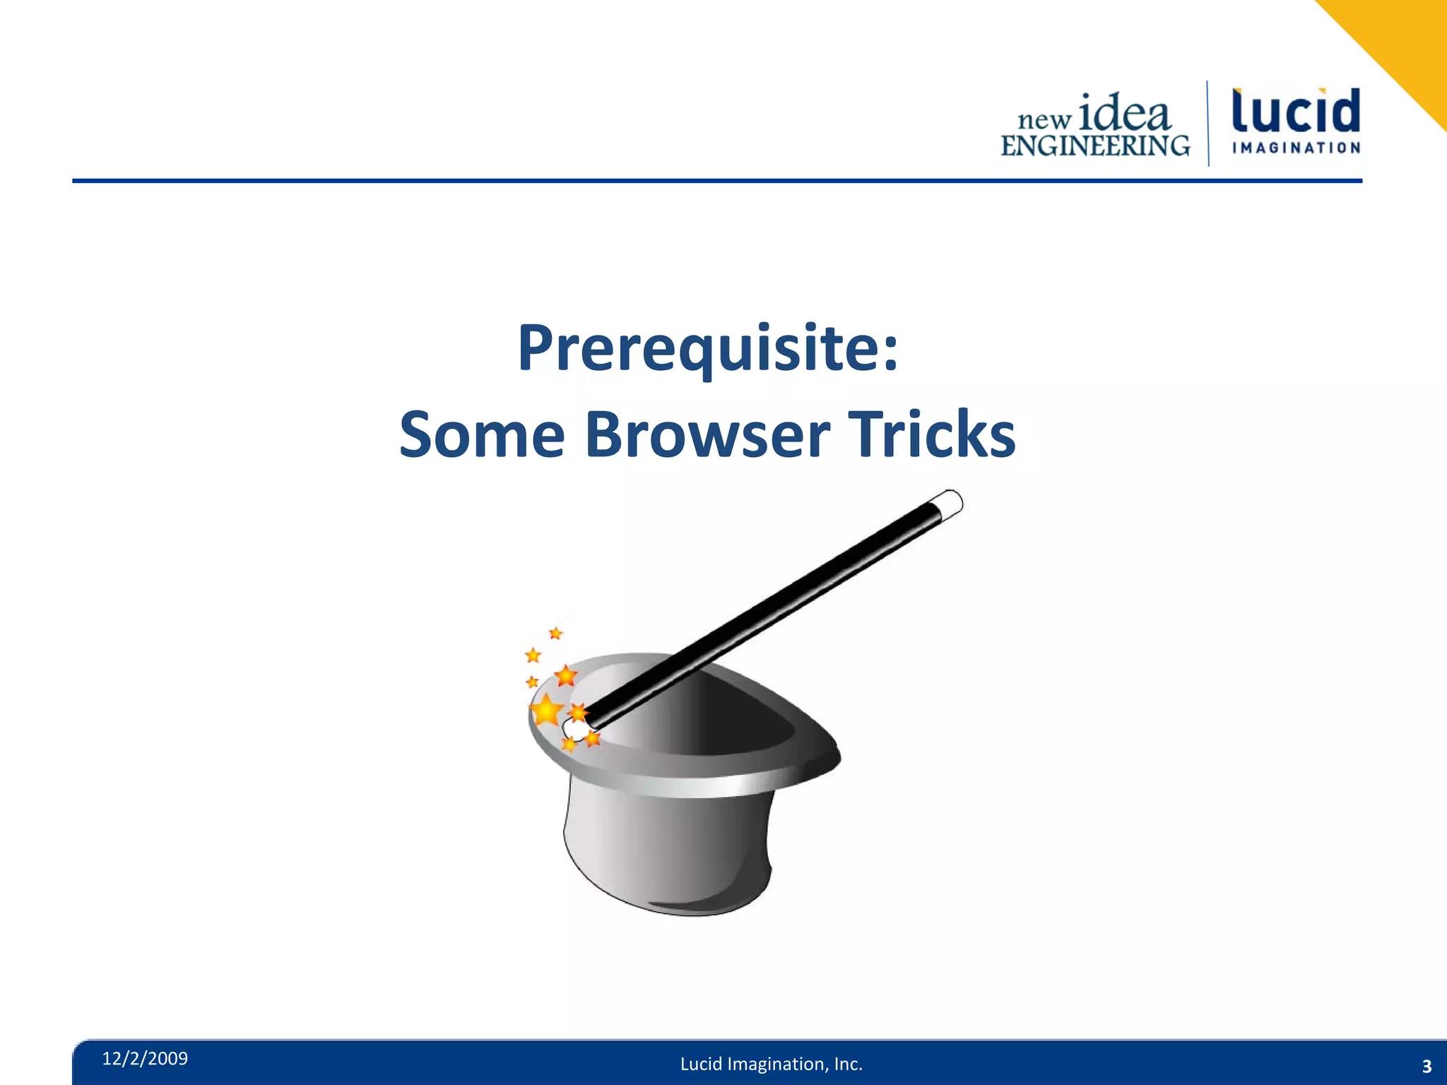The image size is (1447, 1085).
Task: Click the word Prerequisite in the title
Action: coord(699,348)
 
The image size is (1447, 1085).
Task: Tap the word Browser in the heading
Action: coord(707,434)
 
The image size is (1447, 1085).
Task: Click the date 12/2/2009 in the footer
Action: coord(145,1058)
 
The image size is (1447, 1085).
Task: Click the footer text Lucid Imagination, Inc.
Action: coord(772,1064)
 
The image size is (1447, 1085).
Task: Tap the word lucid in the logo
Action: coord(1296,112)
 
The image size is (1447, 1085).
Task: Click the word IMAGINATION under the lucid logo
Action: coord(1296,148)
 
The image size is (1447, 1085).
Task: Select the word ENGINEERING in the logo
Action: coord(1095,146)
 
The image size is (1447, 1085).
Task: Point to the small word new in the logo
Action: coord(1044,120)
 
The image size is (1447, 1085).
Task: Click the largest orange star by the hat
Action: coord(546,711)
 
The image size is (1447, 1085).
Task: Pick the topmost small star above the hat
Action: coord(556,633)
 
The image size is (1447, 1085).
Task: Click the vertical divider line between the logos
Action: coord(1208,124)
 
